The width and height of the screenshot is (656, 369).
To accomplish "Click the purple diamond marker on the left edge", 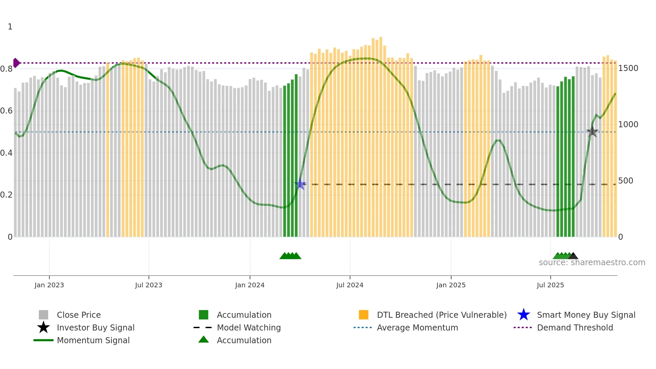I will [x=16, y=63].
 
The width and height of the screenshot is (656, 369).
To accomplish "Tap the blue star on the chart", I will [x=301, y=184].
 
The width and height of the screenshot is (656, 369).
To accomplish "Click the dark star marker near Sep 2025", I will [x=592, y=132].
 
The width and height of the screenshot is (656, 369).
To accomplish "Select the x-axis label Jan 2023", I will [x=49, y=285].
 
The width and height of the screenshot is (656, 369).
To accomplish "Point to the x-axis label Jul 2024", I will [x=350, y=285].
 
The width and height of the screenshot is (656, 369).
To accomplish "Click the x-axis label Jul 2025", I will [x=550, y=285].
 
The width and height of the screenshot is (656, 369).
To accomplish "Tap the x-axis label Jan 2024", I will [x=250, y=285].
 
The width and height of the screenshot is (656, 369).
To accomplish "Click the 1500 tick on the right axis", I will [x=628, y=68].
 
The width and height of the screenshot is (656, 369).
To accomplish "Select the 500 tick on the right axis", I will [x=626, y=181].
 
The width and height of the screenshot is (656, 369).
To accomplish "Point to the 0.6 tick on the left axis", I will [x=7, y=111].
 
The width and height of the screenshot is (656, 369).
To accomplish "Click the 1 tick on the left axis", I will [x=10, y=27].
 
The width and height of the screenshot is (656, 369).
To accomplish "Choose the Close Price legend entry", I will [x=79, y=315].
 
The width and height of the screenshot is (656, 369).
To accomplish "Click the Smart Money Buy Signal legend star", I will [x=523, y=315].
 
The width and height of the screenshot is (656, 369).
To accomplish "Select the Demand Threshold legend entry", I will [x=575, y=327].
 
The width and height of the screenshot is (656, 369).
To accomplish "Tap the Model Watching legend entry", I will [x=248, y=327].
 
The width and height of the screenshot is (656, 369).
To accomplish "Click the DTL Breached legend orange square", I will [x=363, y=315].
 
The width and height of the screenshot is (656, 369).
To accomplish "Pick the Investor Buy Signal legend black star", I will [x=44, y=327].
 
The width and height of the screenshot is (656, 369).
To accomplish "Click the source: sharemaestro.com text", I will [x=592, y=263].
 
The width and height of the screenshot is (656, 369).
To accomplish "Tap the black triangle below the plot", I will [x=573, y=256].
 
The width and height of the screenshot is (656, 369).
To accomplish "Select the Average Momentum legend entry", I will [x=417, y=327].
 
